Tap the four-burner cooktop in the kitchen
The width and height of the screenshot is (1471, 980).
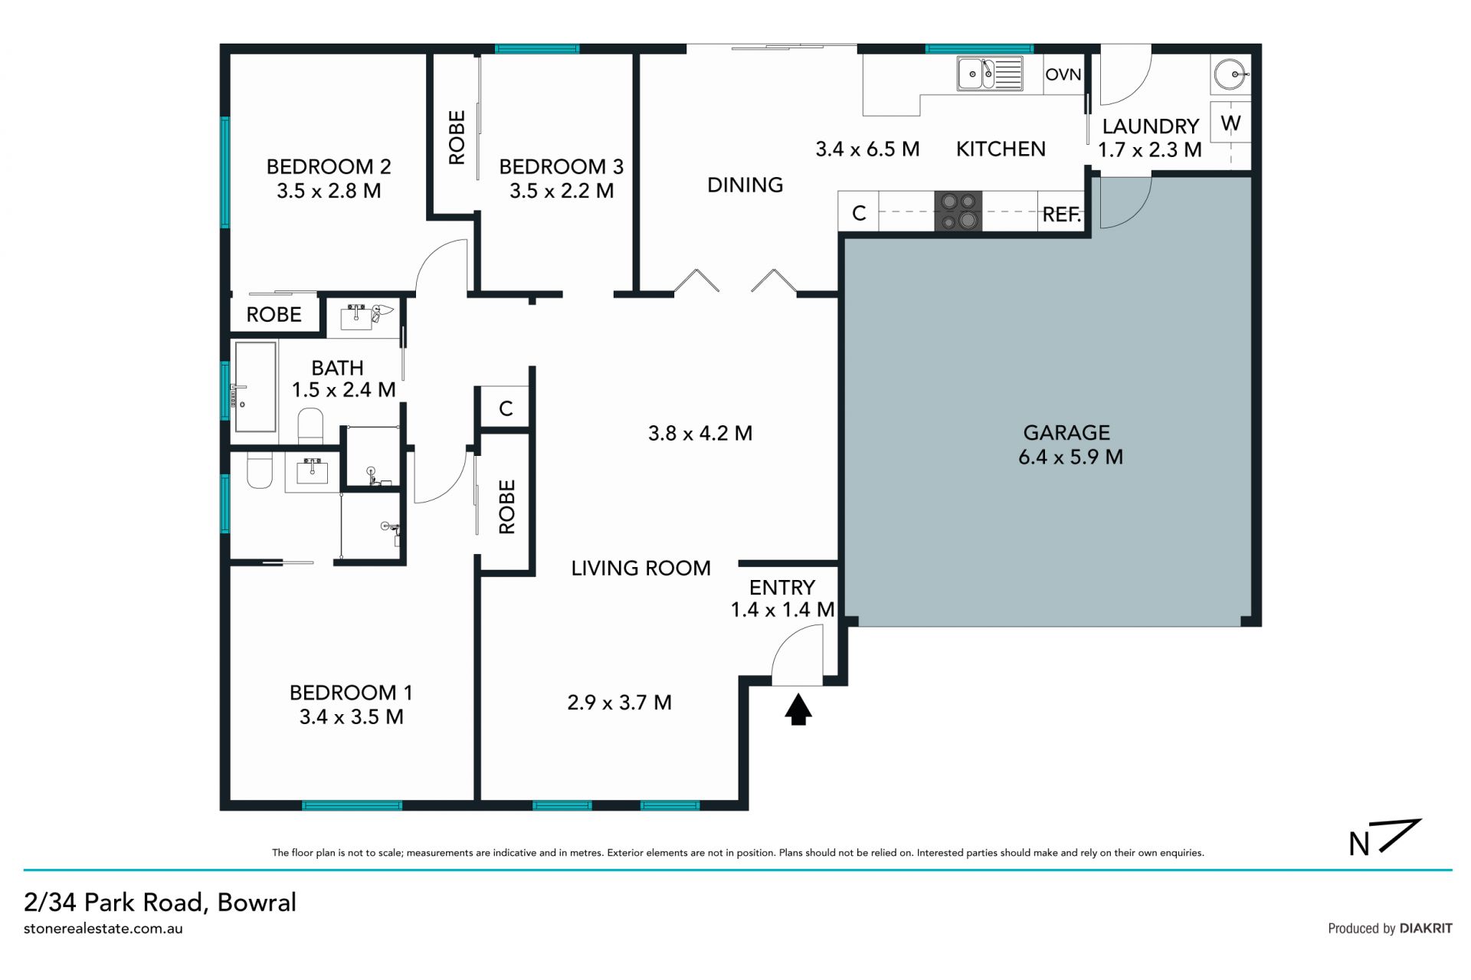coord(958,211)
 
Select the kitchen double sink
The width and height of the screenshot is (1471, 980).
coord(989,74)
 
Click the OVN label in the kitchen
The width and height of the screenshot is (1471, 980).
coord(1063,74)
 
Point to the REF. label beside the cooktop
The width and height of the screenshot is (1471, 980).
coord(1062,215)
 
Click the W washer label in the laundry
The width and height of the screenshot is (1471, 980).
coord(1230,123)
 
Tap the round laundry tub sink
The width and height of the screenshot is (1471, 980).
coord(1231,75)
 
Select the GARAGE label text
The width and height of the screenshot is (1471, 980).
coord(1066,433)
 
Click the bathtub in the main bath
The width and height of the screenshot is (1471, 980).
coord(255,387)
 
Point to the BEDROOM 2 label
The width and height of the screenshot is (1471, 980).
coord(329,166)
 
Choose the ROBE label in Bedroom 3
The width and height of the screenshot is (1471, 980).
coord(457,138)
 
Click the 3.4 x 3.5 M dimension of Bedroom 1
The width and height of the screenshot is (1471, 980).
coord(352,716)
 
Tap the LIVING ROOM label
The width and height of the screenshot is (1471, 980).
coord(641,568)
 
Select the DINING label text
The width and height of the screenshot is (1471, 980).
coord(745,185)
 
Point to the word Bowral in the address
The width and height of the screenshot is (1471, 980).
coord(257,902)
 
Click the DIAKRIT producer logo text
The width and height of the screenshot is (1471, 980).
coord(1426,928)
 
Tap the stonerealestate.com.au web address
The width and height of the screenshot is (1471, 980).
coord(103,929)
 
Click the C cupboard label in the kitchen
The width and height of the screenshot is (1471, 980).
coord(859,213)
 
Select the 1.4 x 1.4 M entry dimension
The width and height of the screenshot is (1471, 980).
coord(782,609)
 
